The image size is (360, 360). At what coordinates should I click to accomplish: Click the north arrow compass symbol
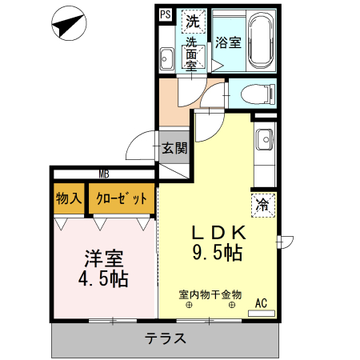click(x=69, y=23)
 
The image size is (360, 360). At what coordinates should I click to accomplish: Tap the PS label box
click(x=166, y=14)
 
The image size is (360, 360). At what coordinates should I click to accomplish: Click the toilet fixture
click(x=258, y=94)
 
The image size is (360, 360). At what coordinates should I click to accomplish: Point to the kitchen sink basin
click(x=264, y=139)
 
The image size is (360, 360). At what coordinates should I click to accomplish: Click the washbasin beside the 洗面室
click(x=166, y=58)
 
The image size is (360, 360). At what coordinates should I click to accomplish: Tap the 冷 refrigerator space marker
click(x=262, y=205)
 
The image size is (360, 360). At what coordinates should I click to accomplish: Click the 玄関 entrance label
click(x=174, y=148)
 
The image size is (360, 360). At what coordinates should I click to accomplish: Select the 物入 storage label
click(x=69, y=198)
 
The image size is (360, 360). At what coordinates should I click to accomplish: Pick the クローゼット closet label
click(x=122, y=198)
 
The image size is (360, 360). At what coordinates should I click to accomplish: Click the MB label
click(x=104, y=174)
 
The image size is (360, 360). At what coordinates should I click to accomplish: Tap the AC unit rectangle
click(x=262, y=313)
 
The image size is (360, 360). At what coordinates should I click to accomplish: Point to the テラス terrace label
click(x=166, y=338)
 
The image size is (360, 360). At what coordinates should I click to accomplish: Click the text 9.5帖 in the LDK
click(x=217, y=253)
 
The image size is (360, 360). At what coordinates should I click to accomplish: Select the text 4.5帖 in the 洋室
click(x=103, y=278)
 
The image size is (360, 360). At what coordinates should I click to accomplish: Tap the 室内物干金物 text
click(x=210, y=294)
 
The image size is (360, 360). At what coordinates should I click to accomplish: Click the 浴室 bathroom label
click(x=228, y=42)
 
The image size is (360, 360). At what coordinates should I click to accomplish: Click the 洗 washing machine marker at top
click(x=193, y=22)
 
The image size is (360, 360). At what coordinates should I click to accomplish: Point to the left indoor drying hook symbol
click(x=189, y=305)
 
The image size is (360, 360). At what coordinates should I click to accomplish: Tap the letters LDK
click(x=218, y=233)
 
